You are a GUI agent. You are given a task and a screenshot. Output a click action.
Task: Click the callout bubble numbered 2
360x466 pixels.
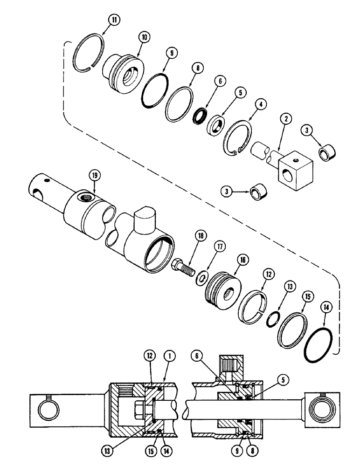(x=286, y=119)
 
